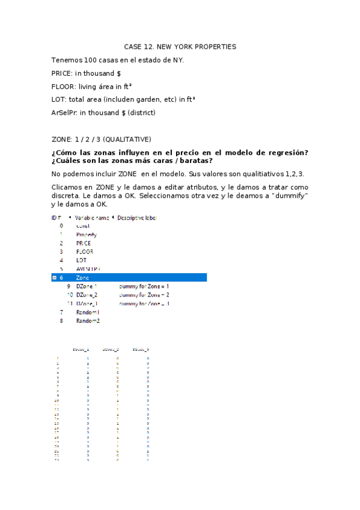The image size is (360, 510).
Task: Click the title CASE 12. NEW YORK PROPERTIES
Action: pyautogui.click(x=180, y=46)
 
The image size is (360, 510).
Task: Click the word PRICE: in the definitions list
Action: pyautogui.click(x=63, y=73)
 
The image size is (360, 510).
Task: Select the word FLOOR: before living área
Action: pyautogui.click(x=64, y=86)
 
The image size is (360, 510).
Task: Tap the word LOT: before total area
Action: pyautogui.click(x=59, y=99)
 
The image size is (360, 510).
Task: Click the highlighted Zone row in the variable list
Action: pyautogui.click(x=129, y=278)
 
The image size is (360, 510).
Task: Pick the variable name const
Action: pyautogui.click(x=83, y=226)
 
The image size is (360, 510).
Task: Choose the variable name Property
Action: pyautogui.click(x=87, y=235)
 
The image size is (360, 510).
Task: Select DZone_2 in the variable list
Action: pyautogui.click(x=87, y=295)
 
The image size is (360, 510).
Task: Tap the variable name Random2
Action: pyautogui.click(x=88, y=321)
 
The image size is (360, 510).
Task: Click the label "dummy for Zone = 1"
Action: pyautogui.click(x=144, y=286)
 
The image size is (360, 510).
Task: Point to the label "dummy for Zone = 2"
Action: pyautogui.click(x=144, y=295)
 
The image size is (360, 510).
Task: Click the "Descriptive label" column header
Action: pyautogui.click(x=138, y=217)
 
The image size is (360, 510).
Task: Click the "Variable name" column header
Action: pyautogui.click(x=93, y=217)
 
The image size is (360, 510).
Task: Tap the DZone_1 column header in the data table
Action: pyautogui.click(x=81, y=349)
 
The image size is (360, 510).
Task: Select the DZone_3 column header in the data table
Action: pyautogui.click(x=141, y=349)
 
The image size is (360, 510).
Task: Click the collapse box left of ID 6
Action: pyautogui.click(x=54, y=278)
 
